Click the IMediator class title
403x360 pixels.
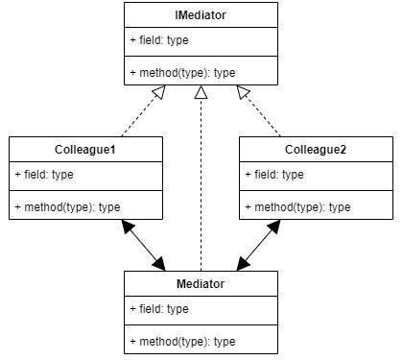tap(201, 15)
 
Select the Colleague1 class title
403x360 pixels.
tap(85, 150)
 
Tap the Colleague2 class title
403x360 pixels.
tap(316, 150)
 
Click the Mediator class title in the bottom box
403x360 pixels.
tap(201, 284)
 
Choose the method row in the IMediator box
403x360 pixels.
tap(182, 72)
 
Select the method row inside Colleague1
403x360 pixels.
tap(67, 206)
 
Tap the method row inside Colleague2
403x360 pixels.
tap(297, 206)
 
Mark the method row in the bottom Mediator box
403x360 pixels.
tap(182, 341)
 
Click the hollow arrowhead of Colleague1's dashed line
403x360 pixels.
tap(159, 92)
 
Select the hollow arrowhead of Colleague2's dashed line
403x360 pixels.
tap(243, 92)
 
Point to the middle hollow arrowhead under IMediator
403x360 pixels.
tap(201, 92)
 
